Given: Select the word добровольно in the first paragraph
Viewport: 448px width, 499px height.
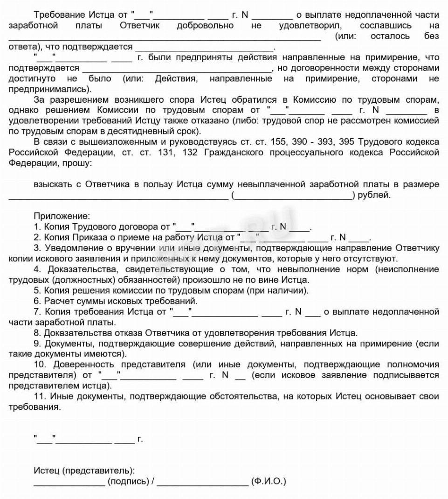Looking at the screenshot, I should point(205,25).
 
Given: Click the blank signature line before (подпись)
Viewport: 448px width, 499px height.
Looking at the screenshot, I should point(69,482).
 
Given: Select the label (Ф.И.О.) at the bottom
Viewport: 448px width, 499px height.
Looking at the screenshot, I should point(269,482).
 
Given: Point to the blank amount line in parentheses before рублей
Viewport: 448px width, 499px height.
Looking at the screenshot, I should point(293,196).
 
